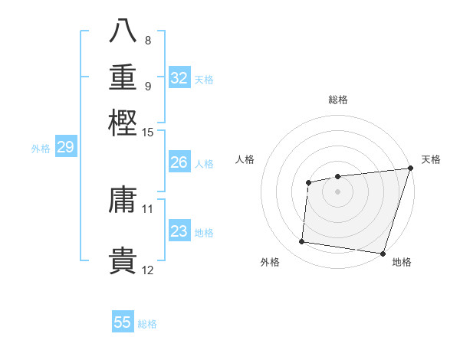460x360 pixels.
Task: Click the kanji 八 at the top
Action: [123, 31]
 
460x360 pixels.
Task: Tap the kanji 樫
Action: [123, 122]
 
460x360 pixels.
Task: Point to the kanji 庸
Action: [123, 200]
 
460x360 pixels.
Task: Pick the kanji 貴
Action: [123, 260]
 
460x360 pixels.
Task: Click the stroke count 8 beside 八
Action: [148, 41]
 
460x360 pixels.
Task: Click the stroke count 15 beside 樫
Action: [148, 133]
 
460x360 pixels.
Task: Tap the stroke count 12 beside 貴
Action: [148, 270]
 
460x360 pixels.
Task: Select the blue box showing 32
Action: [179, 78]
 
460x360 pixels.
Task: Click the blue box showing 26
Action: [179, 162]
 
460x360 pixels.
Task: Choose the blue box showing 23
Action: [179, 231]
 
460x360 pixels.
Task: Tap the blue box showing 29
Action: [65, 147]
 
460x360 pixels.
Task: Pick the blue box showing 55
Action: [123, 322]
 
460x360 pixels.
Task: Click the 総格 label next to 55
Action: [147, 324]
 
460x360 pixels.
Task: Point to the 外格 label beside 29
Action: [40, 149]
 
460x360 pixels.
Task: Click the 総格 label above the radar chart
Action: [338, 100]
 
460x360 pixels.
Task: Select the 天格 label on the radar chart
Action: [431, 159]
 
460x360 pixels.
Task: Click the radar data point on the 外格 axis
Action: [302, 242]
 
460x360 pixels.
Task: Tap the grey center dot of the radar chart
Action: [337, 191]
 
